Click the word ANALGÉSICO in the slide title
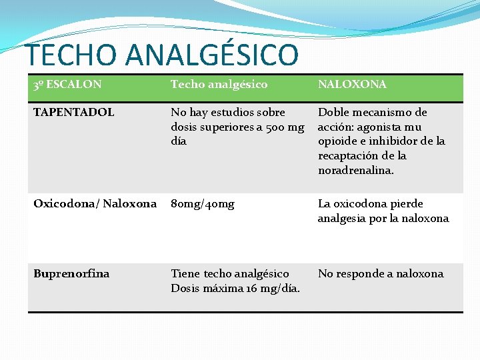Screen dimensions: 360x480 click(x=213, y=55)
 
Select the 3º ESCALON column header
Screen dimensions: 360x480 click(x=67, y=85)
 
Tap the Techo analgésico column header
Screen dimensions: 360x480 click(x=219, y=85)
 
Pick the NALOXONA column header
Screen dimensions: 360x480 click(x=351, y=85)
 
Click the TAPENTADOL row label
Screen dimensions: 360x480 click(x=73, y=112)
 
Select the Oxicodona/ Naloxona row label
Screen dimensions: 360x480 click(x=95, y=203)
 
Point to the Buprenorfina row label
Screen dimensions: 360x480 click(x=71, y=273)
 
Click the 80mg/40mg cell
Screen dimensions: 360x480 click(x=203, y=203)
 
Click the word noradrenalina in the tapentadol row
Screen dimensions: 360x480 click(x=355, y=170)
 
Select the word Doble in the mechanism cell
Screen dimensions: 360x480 click(x=333, y=112)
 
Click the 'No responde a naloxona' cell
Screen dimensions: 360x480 click(x=380, y=273)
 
